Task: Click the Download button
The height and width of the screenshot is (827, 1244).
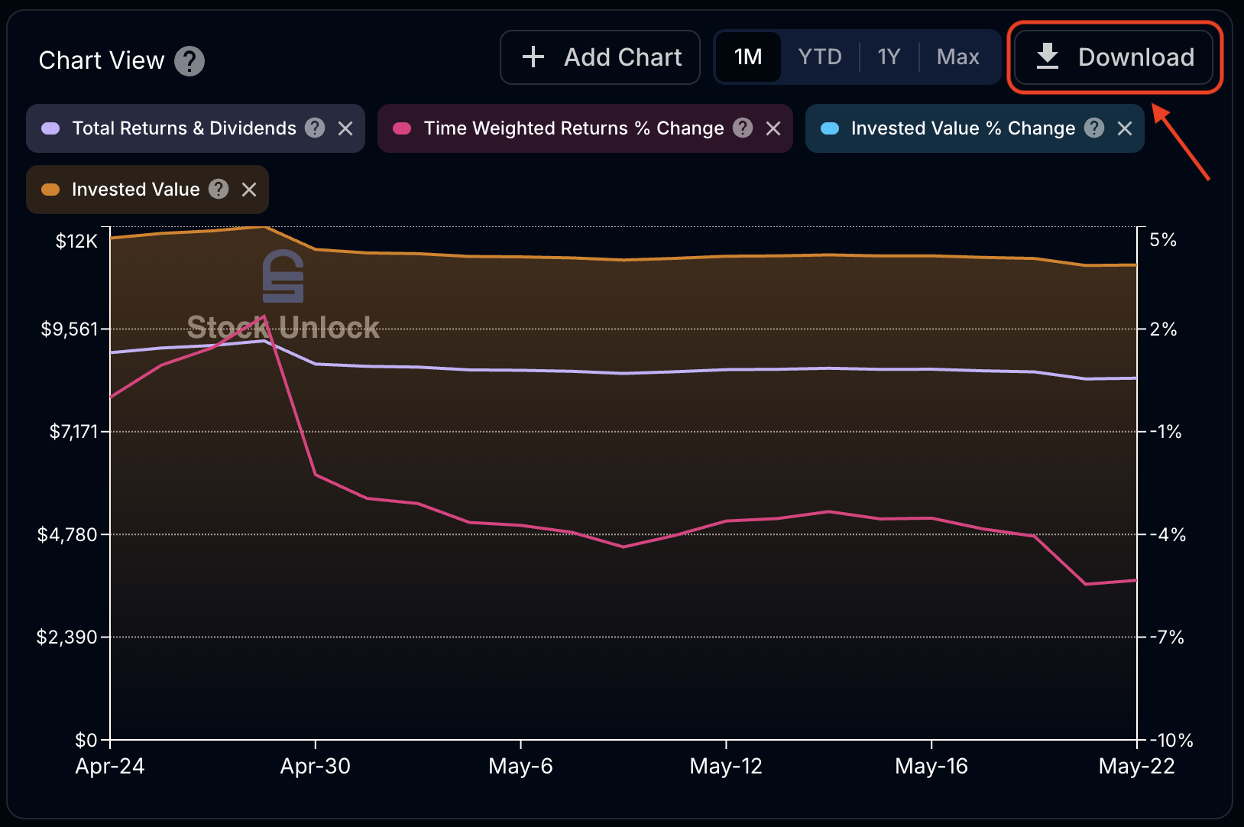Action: tap(1114, 57)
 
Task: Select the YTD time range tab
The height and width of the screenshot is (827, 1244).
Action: tap(819, 57)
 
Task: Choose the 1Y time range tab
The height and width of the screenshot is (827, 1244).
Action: tap(889, 57)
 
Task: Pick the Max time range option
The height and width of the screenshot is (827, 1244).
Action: tap(957, 57)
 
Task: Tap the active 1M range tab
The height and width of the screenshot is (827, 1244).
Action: tap(748, 57)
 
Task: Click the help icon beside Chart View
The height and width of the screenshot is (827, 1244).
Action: tap(190, 61)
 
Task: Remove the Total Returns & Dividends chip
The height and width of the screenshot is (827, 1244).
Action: tap(345, 128)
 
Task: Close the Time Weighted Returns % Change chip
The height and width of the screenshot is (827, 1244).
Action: tap(773, 128)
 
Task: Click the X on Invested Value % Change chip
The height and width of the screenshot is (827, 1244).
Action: tap(1125, 128)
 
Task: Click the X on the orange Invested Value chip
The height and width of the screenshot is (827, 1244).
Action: tap(249, 190)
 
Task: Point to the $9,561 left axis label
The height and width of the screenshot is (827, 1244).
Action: tap(70, 329)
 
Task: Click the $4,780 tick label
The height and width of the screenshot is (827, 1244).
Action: tap(67, 534)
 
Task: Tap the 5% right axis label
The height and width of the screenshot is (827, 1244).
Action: tap(1163, 240)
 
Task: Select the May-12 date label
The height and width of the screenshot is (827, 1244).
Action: tap(726, 766)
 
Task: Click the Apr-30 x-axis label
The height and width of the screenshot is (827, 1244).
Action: tap(315, 766)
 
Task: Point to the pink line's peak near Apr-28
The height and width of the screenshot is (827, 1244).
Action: tap(264, 316)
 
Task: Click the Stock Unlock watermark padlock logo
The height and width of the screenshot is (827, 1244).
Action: tap(283, 276)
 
